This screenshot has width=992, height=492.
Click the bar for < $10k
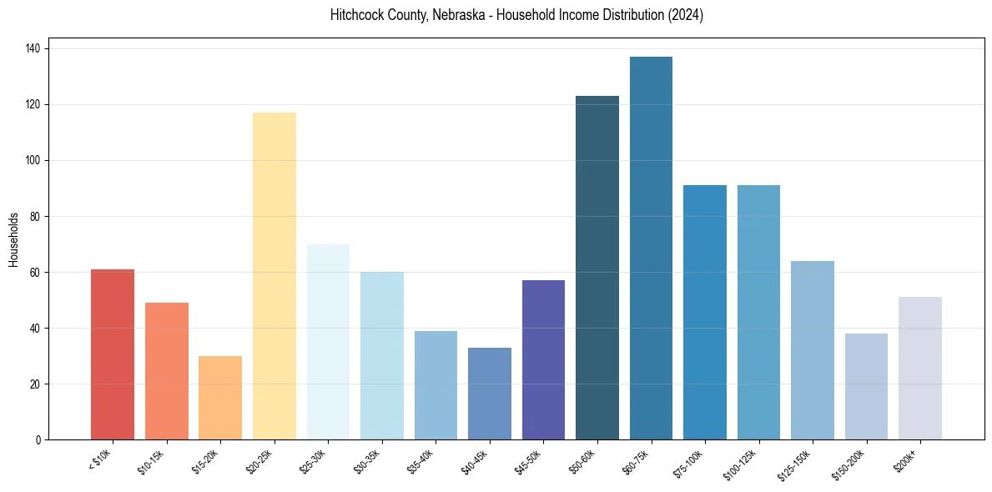pos(113,354)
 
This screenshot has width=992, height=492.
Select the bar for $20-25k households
pos(274,276)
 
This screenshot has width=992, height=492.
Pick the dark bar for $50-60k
pos(597,268)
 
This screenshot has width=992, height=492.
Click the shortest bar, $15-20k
pos(220,398)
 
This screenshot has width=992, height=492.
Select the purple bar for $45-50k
pos(543,359)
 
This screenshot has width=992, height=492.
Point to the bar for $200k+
pos(919,368)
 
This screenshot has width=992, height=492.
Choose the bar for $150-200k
pos(866,386)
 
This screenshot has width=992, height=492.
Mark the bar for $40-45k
pos(490,393)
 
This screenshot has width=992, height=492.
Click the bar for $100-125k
pos(758,312)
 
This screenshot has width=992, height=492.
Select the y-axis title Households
pos(13,239)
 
